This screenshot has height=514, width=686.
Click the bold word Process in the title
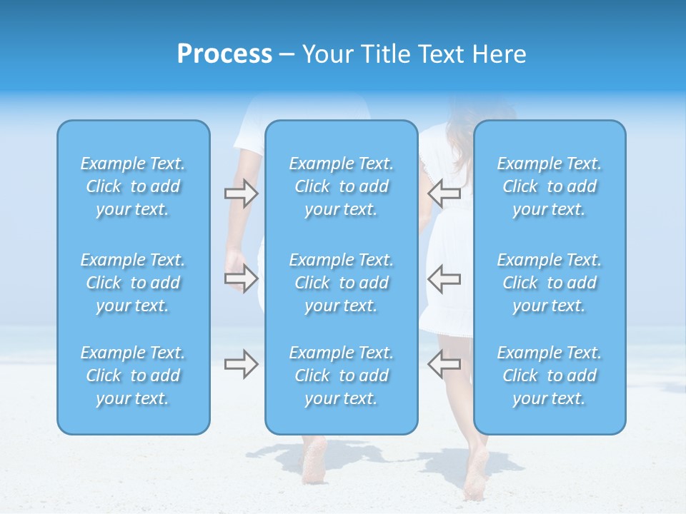[x=224, y=54]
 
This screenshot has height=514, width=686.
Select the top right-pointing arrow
[x=241, y=193]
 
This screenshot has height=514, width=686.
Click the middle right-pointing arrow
[x=241, y=278]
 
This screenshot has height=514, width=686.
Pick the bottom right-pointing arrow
[x=241, y=364]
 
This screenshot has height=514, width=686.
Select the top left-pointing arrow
[x=444, y=192]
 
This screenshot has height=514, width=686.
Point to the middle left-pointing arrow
[x=444, y=278]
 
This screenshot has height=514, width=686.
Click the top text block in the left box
[x=133, y=186]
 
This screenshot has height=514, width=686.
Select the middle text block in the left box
[x=133, y=283]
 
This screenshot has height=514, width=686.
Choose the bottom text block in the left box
[x=133, y=376]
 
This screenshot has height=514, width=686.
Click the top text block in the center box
[x=342, y=186]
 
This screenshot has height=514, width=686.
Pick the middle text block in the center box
[x=342, y=283]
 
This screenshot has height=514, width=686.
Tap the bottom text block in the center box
[x=342, y=376]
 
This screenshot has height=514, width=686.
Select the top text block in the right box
[x=550, y=186]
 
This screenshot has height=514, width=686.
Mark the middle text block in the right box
[x=550, y=283]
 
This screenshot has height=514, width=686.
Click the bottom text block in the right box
[x=550, y=376]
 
